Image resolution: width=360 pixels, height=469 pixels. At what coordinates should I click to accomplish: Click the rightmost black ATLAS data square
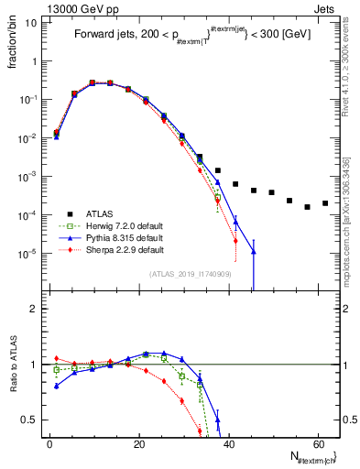[x=325, y=203]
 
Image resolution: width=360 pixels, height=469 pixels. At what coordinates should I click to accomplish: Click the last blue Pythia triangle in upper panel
[x=254, y=252]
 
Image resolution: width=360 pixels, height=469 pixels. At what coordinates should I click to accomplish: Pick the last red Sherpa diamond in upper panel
[x=235, y=242]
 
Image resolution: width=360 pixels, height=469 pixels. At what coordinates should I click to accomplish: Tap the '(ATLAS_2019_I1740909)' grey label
[x=191, y=274]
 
